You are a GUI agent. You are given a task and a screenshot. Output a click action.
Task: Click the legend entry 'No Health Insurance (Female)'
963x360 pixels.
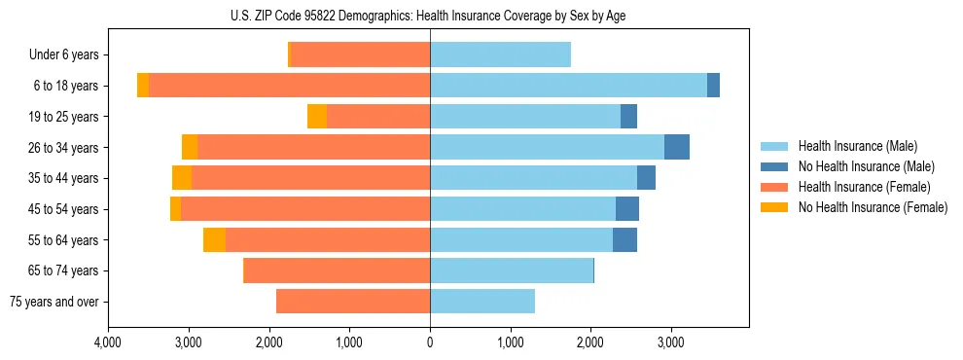pyautogui.click(x=873, y=207)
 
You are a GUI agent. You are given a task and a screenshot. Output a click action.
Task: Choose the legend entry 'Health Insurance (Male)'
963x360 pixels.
pyautogui.click(x=857, y=146)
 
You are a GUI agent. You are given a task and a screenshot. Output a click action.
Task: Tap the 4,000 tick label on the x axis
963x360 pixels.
pyautogui.click(x=108, y=342)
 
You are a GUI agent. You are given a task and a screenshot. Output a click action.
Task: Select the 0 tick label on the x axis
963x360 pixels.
pyautogui.click(x=430, y=342)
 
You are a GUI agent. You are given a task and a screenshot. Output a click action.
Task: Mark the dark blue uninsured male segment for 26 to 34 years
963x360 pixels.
pyautogui.click(x=677, y=147)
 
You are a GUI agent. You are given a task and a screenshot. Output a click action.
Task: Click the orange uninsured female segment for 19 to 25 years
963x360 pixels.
pyautogui.click(x=317, y=116)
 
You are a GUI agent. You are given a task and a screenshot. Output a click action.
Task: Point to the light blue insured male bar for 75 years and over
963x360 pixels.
pyautogui.click(x=482, y=302)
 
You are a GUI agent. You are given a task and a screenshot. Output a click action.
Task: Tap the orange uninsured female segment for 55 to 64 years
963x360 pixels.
pyautogui.click(x=214, y=239)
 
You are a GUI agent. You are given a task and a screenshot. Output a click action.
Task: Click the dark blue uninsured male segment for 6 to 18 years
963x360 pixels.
pyautogui.click(x=713, y=86)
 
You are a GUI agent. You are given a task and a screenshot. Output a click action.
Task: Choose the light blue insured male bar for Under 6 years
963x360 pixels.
pyautogui.click(x=500, y=54)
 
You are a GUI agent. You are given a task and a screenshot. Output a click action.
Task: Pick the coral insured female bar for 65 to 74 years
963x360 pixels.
pyautogui.click(x=337, y=270)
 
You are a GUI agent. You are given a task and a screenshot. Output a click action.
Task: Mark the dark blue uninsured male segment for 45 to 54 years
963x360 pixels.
pyautogui.click(x=627, y=208)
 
